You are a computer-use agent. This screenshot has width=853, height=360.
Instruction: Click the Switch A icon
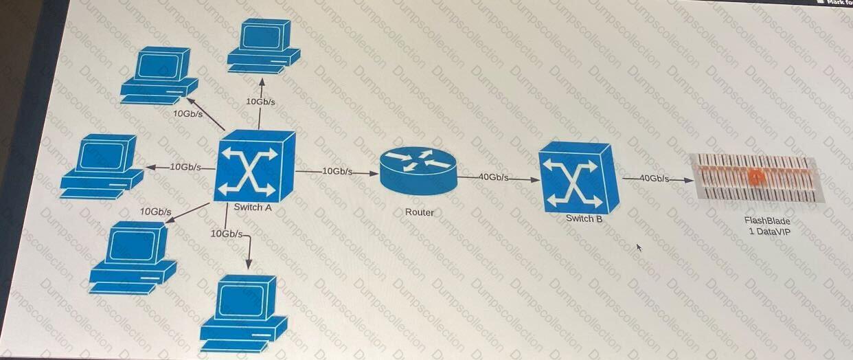click(254, 166)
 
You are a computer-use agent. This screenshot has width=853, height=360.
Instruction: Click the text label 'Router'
click(419, 212)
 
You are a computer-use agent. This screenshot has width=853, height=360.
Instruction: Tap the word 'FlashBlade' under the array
click(767, 221)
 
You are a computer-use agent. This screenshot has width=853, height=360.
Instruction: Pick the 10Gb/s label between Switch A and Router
click(337, 171)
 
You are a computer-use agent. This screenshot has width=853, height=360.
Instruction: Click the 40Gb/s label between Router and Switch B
click(493, 177)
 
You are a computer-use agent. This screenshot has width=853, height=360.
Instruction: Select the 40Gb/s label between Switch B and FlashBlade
click(654, 178)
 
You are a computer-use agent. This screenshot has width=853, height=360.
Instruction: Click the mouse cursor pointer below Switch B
click(639, 247)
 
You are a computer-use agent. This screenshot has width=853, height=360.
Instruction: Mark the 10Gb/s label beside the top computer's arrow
click(260, 102)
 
